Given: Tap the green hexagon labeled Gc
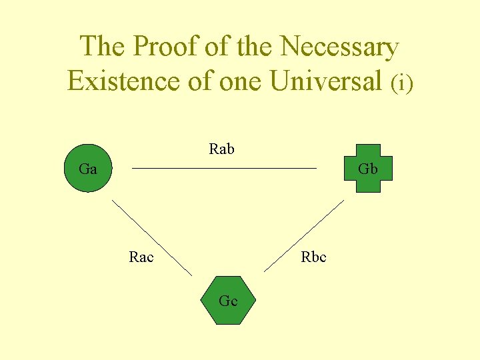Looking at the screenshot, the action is point(228,301).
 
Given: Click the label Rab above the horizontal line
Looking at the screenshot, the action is point(221,149).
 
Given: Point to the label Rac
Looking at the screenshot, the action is point(141,257).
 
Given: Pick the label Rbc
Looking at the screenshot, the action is point(313,257).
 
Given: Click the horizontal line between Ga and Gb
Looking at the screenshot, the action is point(224,169).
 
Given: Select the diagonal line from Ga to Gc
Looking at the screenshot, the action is point(152,237).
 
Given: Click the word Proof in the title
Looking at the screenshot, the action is point(163,47).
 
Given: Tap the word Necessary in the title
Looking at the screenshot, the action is point(339,47).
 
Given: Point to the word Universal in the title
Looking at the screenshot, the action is point(327,81).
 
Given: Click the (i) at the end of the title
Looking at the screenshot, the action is point(402,83).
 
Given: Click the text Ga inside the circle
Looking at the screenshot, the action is point(87,169).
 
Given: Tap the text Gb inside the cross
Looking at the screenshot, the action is point(368,169).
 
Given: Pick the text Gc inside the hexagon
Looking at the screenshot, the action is point(228,301).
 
